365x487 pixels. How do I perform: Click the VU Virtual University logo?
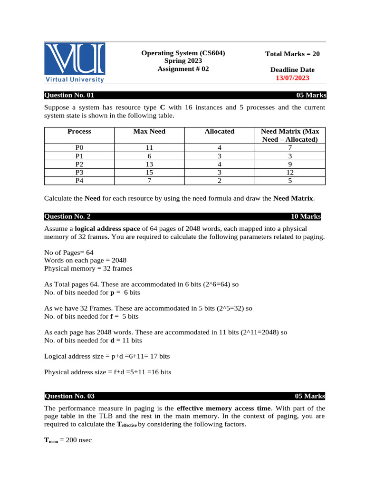pyautogui.click(x=75, y=62)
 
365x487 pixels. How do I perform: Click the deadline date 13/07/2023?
pyautogui.click(x=292, y=78)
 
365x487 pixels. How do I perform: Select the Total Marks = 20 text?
pyautogui.click(x=292, y=54)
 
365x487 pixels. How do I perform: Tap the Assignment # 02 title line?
pyautogui.click(x=183, y=69)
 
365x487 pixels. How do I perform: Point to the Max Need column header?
pyautogui.click(x=149, y=131)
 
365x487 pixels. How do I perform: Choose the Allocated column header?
pyautogui.click(x=219, y=131)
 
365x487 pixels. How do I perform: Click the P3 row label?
pyautogui.click(x=79, y=172)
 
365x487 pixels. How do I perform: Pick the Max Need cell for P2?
pyautogui.click(x=149, y=164)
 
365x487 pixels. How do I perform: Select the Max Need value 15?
pyautogui.click(x=149, y=172)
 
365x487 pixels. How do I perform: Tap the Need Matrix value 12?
pyautogui.click(x=290, y=172)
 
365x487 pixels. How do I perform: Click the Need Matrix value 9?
pyautogui.click(x=290, y=164)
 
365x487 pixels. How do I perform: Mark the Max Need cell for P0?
pyautogui.click(x=149, y=148)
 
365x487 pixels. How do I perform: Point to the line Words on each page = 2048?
pyautogui.click(x=85, y=261)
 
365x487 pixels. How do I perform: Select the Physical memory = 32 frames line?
pyautogui.click(x=88, y=269)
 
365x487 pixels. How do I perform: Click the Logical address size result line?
pyautogui.click(x=107, y=356)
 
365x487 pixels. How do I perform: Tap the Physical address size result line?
pyautogui.click(x=107, y=372)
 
